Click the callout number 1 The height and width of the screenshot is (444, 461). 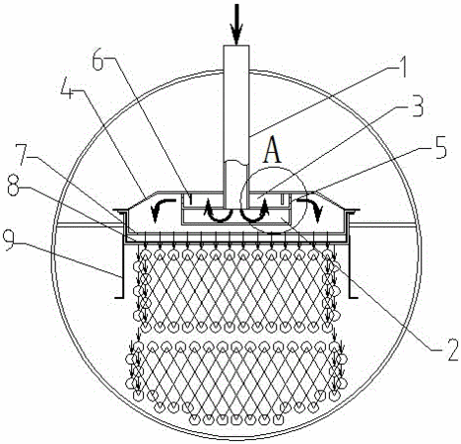[x=398, y=67]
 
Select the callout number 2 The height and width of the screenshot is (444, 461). [x=450, y=350]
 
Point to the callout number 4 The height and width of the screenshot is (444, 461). [x=68, y=88]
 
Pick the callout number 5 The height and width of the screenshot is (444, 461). [x=439, y=147]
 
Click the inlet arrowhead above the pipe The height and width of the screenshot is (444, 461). [x=236, y=35]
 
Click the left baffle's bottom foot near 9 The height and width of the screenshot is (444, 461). [x=119, y=298]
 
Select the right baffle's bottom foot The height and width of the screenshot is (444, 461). [x=354, y=298]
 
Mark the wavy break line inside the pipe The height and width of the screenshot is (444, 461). [x=235, y=162]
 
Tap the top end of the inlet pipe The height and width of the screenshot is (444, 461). [x=236, y=45]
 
